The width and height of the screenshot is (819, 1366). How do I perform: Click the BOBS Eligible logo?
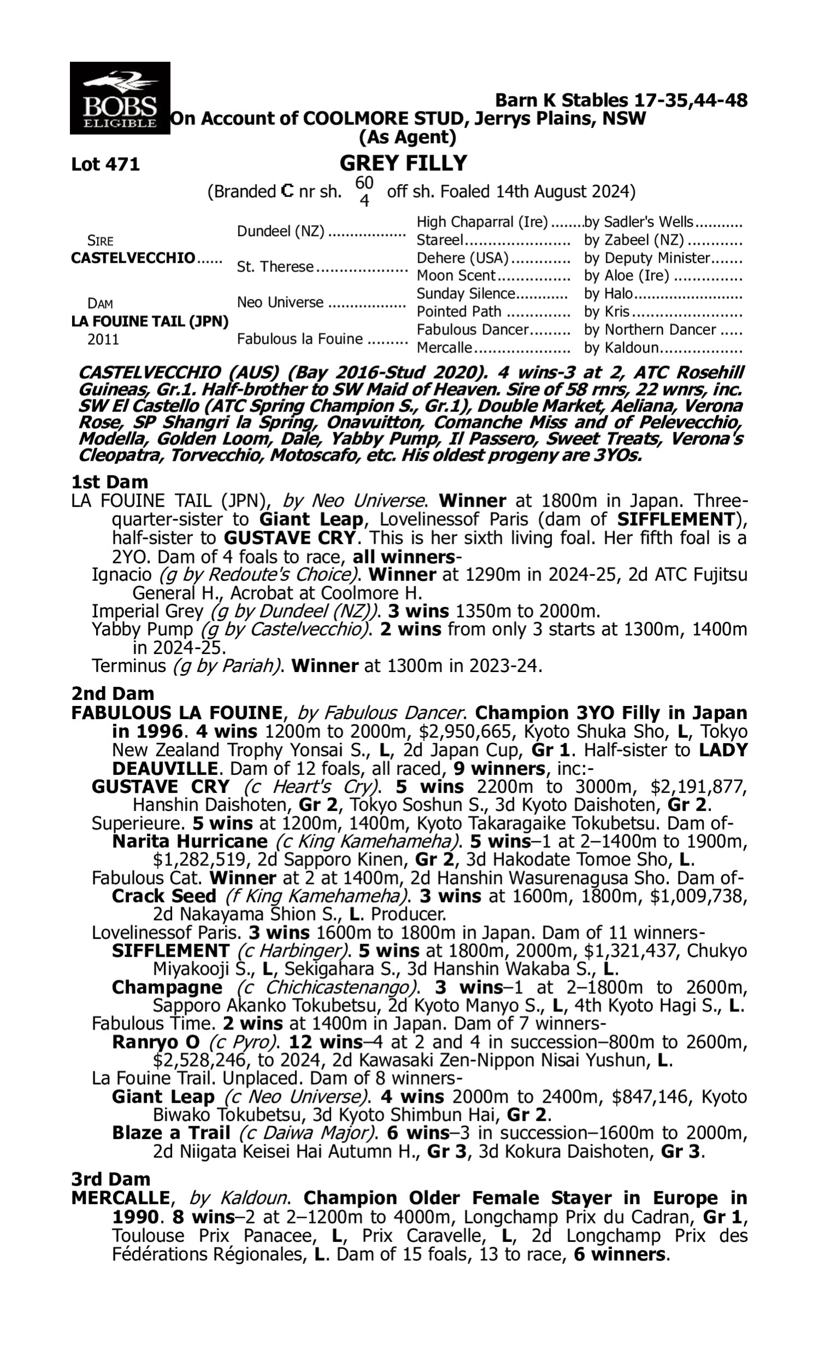coord(120,98)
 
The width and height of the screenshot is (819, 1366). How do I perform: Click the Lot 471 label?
coord(105,164)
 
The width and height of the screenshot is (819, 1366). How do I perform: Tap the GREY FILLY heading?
coord(403,163)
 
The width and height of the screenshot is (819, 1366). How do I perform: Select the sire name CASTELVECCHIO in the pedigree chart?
coord(133,258)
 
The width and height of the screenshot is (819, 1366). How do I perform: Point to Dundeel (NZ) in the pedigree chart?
coord(280,231)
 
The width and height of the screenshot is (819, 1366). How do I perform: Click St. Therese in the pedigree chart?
coord(275,267)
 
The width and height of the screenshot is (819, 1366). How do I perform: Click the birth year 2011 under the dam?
coord(103,339)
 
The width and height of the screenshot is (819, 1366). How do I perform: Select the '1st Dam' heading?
coord(110,482)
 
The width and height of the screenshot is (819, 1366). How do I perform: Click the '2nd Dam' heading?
coord(112,693)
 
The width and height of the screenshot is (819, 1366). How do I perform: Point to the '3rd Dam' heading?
coord(111,1179)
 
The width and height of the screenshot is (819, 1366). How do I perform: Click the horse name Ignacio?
coord(121,575)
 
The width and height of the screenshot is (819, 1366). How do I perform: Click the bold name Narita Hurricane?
coord(189,841)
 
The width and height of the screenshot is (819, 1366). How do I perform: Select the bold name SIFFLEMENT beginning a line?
coord(170,951)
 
